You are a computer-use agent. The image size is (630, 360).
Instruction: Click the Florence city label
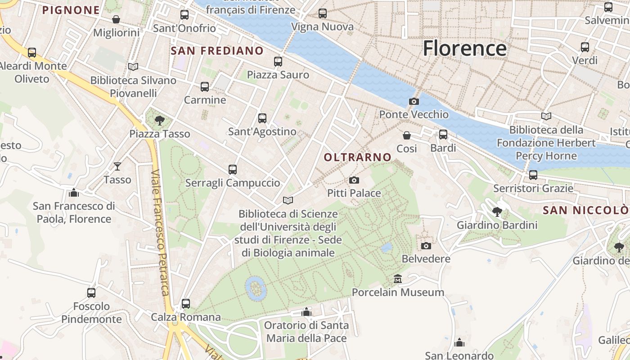pos(464,48)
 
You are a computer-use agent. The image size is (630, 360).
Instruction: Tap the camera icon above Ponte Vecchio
pos(414,102)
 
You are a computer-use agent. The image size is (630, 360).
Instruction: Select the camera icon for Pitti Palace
pos(354,180)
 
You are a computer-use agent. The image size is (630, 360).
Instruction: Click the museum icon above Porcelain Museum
pos(398,279)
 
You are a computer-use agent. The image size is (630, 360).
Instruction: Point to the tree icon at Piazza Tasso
pos(159,120)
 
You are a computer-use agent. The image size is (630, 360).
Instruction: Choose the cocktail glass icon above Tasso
pos(117,166)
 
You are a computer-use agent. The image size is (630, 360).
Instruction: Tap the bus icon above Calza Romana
pos(186,304)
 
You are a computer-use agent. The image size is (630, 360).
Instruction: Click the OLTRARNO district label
pos(358,157)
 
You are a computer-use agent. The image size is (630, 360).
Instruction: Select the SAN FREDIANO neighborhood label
pos(217,51)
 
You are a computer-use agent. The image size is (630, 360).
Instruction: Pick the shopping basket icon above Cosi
pos(407,135)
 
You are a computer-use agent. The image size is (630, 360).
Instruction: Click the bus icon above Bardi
pos(443,135)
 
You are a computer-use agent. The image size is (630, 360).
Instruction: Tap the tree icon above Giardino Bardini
pos(497,211)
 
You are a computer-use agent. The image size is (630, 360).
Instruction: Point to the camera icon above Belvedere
pos(426,246)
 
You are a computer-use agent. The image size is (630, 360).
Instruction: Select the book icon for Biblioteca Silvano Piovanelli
pos(133,67)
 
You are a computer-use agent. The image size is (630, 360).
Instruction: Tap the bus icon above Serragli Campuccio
pos(233,170)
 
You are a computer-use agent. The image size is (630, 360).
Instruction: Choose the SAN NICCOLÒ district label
pos(585,210)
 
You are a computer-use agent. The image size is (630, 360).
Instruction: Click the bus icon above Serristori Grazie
pos(533,175)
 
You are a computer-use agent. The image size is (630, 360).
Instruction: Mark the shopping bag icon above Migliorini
pos(116,19)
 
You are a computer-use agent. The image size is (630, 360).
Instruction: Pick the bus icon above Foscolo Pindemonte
pos(91,293)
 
